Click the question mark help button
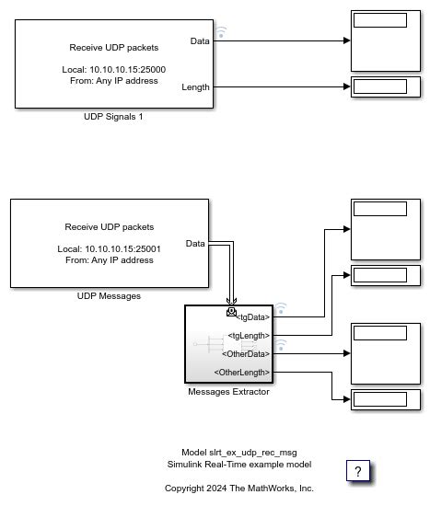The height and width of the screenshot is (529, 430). click(x=358, y=470)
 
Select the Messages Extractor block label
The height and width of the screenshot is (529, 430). click(x=227, y=391)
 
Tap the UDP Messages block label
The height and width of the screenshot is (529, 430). click(x=109, y=296)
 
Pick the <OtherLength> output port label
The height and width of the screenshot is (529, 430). click(x=242, y=372)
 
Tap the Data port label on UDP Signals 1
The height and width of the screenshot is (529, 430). click(x=199, y=41)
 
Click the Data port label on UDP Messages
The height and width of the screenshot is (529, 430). click(x=194, y=243)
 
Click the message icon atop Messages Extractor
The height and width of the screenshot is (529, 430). click(x=230, y=311)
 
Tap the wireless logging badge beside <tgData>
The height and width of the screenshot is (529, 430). click(x=281, y=309)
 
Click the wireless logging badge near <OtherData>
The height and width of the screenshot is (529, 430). click(x=281, y=345)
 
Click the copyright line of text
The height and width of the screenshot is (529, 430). click(x=238, y=488)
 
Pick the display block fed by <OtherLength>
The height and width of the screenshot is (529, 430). click(x=386, y=399)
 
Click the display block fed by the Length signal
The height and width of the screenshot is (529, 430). click(x=386, y=87)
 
